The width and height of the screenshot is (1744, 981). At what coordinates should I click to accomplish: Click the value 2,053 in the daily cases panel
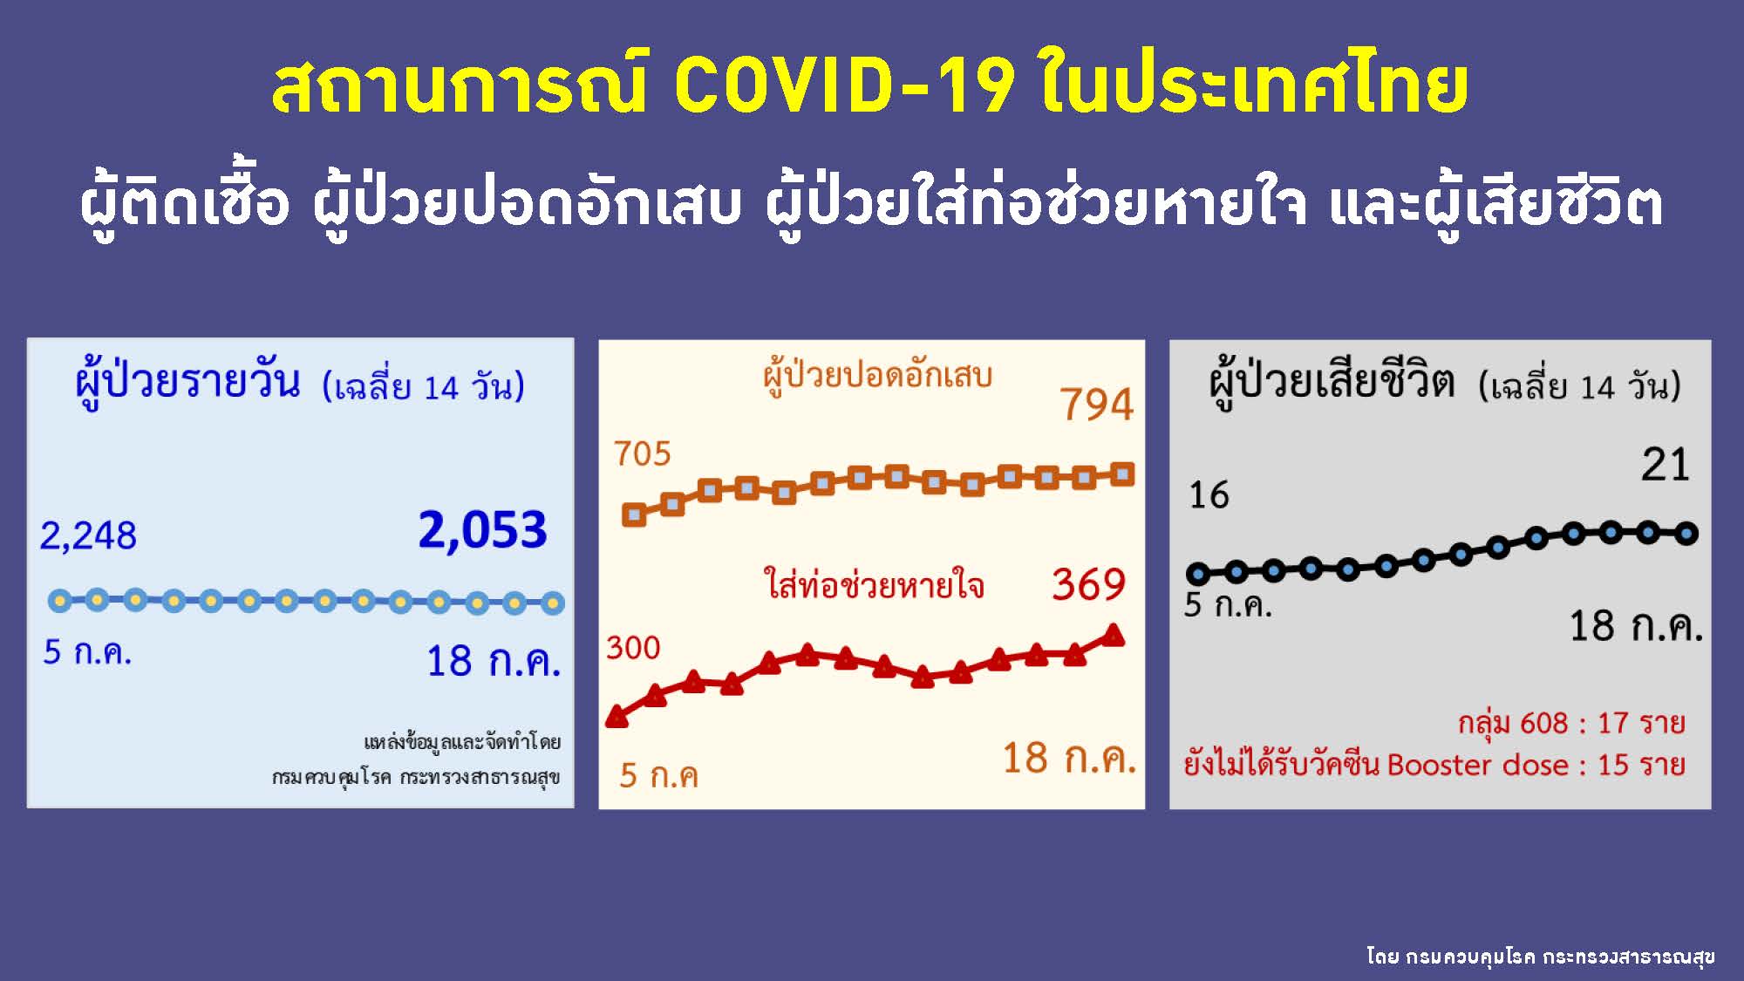[x=482, y=530]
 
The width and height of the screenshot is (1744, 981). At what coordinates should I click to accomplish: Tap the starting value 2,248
[x=88, y=535]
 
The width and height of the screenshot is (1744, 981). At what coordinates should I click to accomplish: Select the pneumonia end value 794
[x=1097, y=405]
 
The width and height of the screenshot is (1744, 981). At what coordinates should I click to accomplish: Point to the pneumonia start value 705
[x=642, y=453]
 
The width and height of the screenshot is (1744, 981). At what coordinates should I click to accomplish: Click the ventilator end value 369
[x=1089, y=584]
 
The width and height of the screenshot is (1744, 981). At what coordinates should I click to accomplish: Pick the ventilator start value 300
[x=633, y=648]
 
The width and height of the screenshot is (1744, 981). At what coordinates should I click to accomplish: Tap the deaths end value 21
[x=1666, y=465]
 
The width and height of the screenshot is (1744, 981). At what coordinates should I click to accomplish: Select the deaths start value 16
[x=1209, y=495]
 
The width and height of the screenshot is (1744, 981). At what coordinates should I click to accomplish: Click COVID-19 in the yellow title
[x=845, y=85]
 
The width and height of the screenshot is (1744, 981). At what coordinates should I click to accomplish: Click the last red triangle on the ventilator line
[x=1114, y=635]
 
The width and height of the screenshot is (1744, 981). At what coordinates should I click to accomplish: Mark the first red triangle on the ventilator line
[x=617, y=717]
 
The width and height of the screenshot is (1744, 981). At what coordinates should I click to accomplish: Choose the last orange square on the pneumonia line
[x=1123, y=474]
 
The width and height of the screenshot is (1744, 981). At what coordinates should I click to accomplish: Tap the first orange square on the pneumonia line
[x=634, y=514]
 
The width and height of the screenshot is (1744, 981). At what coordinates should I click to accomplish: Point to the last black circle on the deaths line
[x=1686, y=534]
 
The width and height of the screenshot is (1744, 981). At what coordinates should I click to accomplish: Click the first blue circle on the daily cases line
[x=59, y=600]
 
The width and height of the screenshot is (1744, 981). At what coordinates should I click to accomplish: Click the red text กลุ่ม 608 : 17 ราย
[x=1571, y=722]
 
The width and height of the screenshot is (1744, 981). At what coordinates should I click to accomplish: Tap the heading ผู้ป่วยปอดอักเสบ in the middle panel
[x=877, y=376]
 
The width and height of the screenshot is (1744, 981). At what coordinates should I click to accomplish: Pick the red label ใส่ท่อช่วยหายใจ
[x=874, y=583]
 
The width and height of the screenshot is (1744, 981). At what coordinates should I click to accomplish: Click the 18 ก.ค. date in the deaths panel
[x=1636, y=626]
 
